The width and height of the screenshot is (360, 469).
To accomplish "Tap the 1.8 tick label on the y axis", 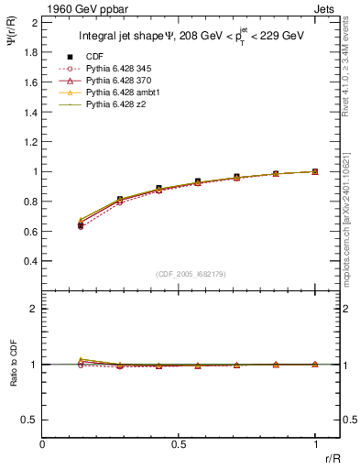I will tap(30, 53).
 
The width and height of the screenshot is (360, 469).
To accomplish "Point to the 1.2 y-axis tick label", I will tap(30, 143).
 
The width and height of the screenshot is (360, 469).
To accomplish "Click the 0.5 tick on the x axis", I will tap(179, 444).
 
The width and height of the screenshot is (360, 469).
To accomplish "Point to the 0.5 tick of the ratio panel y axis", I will tap(30, 420).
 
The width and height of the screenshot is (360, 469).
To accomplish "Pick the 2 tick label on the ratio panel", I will tap(34, 310).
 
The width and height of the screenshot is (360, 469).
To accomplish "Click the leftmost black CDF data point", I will tap(81, 224).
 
